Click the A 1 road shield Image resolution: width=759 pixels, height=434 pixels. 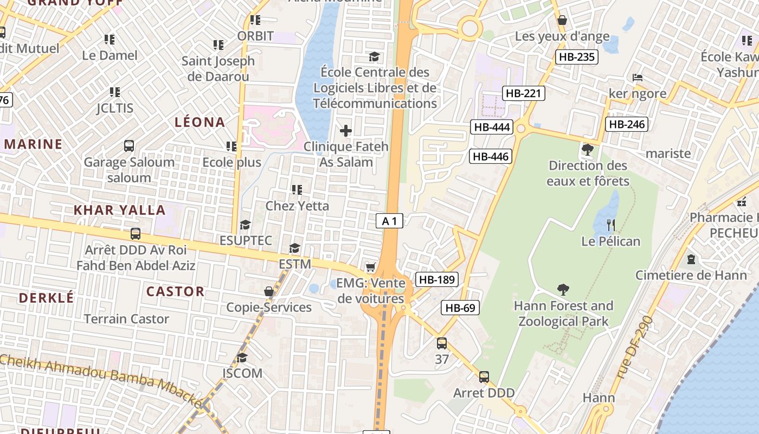[x=390, y=221]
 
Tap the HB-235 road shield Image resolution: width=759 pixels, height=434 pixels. [x=576, y=57]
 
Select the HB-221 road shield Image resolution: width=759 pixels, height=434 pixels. [x=523, y=93]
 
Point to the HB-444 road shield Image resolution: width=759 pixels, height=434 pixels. [x=492, y=127]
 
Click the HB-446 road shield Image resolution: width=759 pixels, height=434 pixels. [x=491, y=157]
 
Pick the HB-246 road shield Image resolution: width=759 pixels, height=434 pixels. [x=627, y=124]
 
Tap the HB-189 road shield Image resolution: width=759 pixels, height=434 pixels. [x=437, y=279]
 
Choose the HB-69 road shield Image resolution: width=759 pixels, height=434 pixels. [x=460, y=308]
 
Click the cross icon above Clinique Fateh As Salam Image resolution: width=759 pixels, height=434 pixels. [x=345, y=131]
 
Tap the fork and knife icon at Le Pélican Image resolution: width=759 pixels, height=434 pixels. [x=611, y=225]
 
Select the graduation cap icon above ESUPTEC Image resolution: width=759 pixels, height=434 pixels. [x=246, y=224]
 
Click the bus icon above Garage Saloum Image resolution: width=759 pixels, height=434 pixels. [x=129, y=145]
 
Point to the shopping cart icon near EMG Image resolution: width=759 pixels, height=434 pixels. [x=371, y=267]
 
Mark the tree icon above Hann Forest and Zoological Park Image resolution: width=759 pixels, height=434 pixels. [x=563, y=290]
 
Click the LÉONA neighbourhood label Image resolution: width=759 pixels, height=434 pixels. [x=200, y=122]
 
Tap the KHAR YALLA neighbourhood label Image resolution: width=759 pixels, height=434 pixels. [x=120, y=210]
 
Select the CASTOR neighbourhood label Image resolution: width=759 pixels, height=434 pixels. [x=176, y=291]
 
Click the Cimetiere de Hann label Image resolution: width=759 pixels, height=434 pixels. [x=691, y=275]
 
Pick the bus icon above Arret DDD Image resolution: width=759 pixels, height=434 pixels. [x=484, y=376]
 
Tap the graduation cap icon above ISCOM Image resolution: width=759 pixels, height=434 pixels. [x=242, y=358]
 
